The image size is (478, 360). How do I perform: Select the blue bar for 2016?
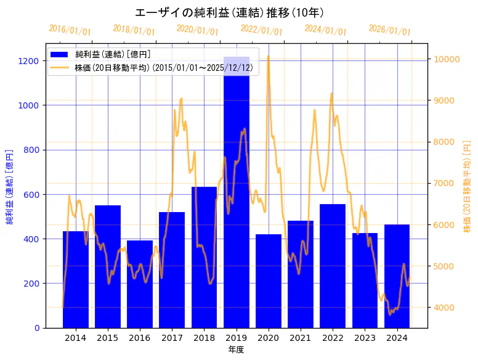(140, 284)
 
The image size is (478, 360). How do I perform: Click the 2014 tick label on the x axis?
(75, 338)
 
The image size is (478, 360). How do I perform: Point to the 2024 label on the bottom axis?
(397, 338)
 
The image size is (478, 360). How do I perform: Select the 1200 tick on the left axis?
(28, 61)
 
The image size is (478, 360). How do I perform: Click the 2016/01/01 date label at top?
(70, 30)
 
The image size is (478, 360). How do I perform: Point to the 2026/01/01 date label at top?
(389, 30)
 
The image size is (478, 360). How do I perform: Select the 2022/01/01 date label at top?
(261, 30)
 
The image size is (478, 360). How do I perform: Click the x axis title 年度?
(236, 350)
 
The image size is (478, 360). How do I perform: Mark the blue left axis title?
(9, 186)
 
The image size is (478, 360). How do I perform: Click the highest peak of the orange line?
(268, 57)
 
